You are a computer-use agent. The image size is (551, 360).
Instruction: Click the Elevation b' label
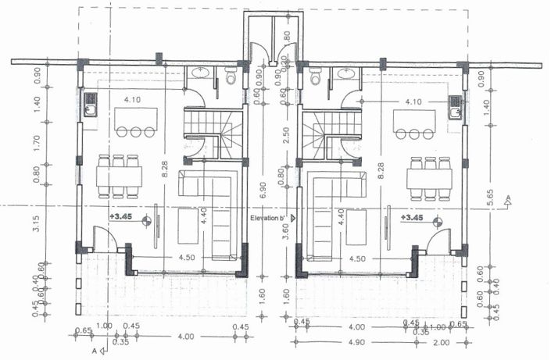(269, 219)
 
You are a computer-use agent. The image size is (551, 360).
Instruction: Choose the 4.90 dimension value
(356, 342)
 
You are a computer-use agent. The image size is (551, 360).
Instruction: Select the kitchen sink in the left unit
(89, 104)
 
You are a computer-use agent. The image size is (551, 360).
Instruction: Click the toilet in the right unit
(316, 77)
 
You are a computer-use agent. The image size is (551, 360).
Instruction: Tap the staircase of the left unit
(213, 133)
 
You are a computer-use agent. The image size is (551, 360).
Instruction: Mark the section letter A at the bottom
(94, 352)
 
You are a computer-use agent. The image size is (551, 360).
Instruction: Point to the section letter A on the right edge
(508, 199)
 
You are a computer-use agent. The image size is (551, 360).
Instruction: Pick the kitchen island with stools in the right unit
(416, 122)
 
